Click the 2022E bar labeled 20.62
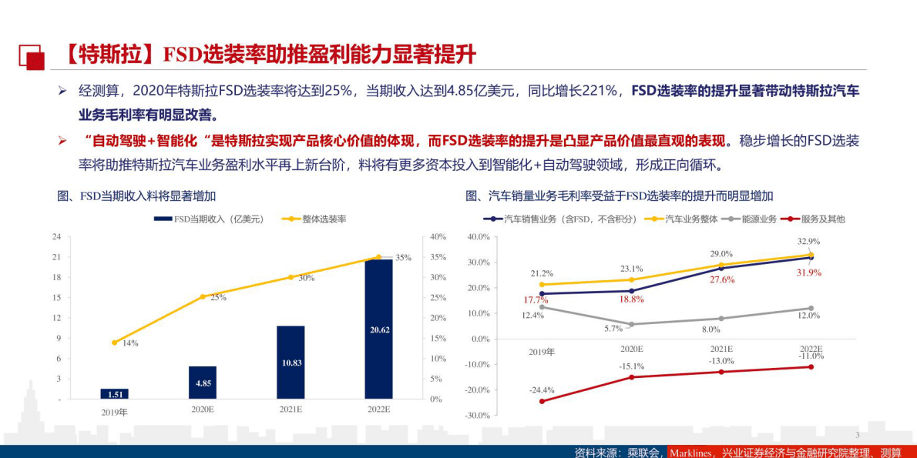(x=378, y=329)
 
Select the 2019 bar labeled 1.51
(x=114, y=394)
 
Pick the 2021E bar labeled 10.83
(x=291, y=363)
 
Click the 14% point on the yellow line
(x=114, y=343)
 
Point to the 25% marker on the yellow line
(x=203, y=296)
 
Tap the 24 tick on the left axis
(x=56, y=237)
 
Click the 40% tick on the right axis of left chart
(x=438, y=237)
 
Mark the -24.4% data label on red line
(x=541, y=390)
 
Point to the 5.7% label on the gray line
(x=613, y=329)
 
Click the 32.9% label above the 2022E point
(x=808, y=241)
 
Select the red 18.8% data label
(x=631, y=299)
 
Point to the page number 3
(x=857, y=435)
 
